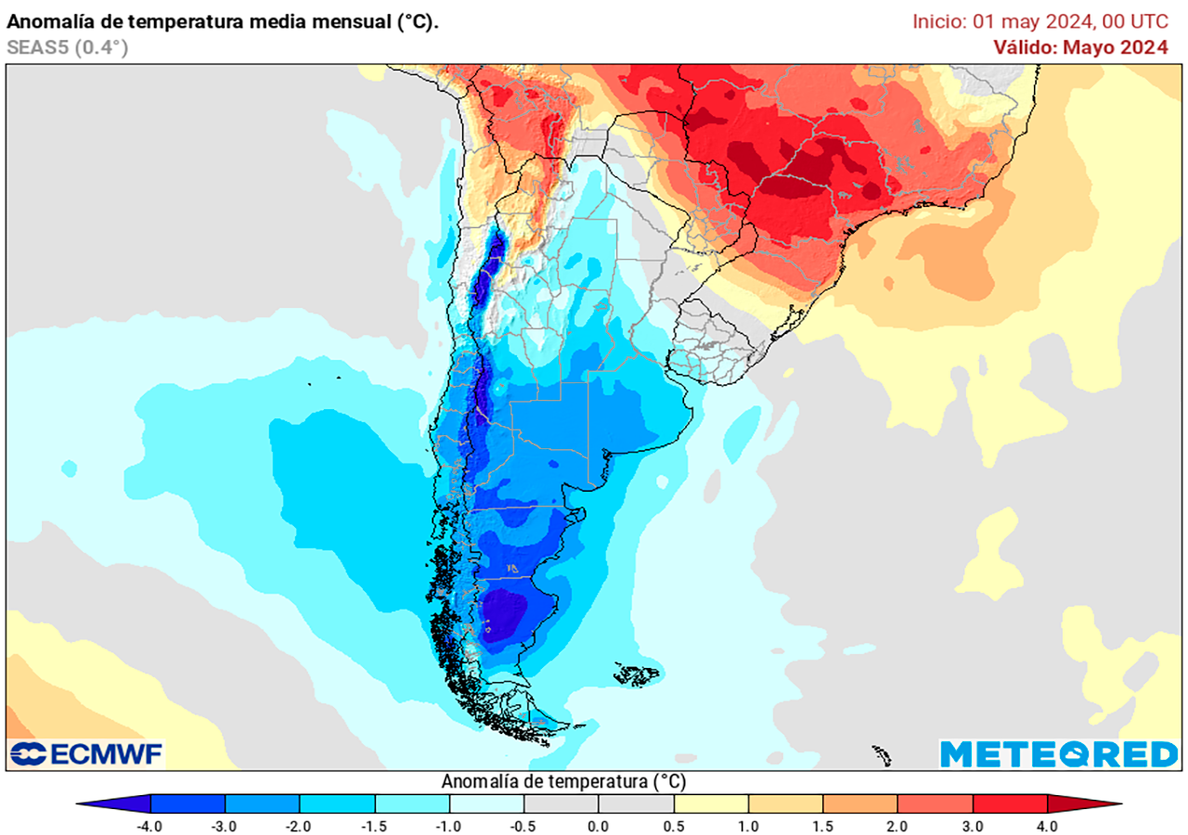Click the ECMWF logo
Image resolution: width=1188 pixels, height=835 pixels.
[86, 754]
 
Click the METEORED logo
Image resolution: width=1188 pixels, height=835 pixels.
[1058, 754]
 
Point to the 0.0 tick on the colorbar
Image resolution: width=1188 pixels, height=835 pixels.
[599, 825]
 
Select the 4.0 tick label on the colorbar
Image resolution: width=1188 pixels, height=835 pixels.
[1047, 825]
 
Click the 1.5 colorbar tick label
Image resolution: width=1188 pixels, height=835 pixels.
[822, 825]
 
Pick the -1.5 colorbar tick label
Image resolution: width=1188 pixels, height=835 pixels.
[375, 825]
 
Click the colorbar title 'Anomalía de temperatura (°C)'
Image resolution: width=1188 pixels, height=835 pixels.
[564, 780]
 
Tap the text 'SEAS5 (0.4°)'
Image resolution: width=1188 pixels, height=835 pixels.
[67, 47]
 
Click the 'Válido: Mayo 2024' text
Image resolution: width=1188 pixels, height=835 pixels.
[1080, 47]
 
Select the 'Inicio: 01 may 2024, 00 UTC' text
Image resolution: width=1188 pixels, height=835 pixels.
[1039, 21]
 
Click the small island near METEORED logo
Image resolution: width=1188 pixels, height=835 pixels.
[882, 753]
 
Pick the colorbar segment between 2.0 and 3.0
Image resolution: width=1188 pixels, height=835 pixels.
[935, 803]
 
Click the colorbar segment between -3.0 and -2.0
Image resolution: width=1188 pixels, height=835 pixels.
[263, 803]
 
